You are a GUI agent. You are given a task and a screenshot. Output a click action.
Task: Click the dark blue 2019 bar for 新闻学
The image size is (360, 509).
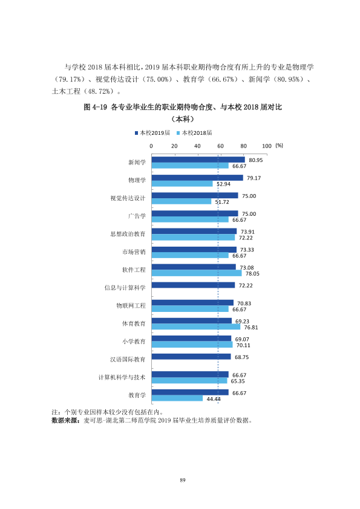198,160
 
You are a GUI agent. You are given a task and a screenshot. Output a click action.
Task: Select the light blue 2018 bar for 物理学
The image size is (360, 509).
182,184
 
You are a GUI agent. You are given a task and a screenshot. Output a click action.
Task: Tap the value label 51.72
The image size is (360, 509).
222,202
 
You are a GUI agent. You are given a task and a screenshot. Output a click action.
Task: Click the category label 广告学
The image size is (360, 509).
137,216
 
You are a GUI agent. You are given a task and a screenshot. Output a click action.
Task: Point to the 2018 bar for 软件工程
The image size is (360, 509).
197,273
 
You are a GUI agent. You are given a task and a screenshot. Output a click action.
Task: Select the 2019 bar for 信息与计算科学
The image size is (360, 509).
194,285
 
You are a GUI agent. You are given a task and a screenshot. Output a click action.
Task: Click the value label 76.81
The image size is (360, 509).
251,328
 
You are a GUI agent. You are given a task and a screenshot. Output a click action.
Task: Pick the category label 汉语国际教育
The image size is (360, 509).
128,359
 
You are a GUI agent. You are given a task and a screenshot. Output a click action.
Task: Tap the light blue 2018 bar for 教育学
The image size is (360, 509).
177,398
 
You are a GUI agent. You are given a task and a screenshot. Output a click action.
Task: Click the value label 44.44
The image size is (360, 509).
214,399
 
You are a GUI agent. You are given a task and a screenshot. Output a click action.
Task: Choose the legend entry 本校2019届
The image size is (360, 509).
152,133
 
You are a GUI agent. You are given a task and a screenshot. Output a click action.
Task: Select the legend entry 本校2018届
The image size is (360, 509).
194,133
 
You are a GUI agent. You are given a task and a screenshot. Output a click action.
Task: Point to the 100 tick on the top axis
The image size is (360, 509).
267,146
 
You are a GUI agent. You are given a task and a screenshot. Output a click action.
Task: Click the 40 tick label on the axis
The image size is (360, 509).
197,146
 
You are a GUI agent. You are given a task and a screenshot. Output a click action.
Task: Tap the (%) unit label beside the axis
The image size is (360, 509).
279,146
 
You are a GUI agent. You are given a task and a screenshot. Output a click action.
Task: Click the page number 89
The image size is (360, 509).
182,480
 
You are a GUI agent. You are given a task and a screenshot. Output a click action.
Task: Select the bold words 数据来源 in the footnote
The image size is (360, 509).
65,420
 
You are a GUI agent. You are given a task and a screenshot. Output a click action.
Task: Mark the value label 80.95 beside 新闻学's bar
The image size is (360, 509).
256,160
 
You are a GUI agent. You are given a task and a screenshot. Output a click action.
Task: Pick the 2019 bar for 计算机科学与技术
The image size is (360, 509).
190,374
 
